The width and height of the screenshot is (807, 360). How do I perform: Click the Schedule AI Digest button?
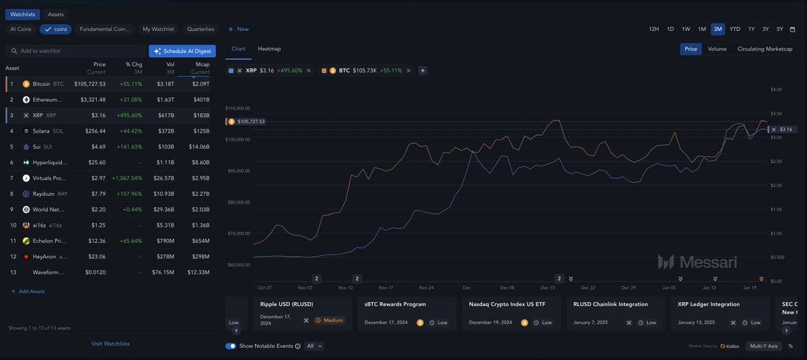(x=182, y=51)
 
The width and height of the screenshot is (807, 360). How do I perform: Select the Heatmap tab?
(x=269, y=49)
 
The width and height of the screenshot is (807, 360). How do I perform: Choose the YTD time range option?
(x=735, y=30)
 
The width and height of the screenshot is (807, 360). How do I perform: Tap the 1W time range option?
(x=686, y=30)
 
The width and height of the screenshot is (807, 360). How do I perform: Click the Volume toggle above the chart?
(x=717, y=49)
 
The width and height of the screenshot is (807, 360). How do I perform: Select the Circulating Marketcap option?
(x=765, y=49)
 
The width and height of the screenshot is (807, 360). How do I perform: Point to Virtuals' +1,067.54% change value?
(x=127, y=178)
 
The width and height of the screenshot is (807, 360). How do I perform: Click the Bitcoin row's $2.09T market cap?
(x=201, y=84)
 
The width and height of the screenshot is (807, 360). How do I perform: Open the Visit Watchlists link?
(x=110, y=344)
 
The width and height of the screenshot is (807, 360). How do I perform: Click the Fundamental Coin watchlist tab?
(x=104, y=30)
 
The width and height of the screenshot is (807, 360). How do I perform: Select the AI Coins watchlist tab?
(x=20, y=30)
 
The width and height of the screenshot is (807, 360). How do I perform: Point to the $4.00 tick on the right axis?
(x=775, y=89)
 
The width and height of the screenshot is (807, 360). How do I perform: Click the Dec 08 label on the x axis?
(x=507, y=287)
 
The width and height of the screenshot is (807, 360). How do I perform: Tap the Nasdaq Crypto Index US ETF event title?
(x=507, y=305)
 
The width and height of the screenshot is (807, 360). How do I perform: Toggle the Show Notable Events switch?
(x=231, y=346)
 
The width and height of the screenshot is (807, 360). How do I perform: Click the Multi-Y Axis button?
(x=763, y=346)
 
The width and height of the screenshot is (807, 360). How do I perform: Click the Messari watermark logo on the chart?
(x=697, y=262)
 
